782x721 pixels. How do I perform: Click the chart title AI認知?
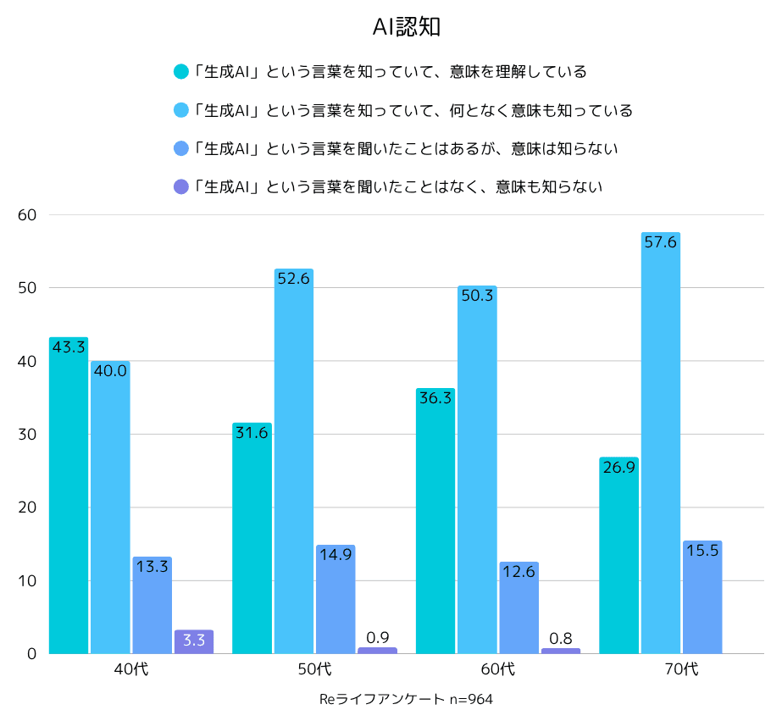click(x=407, y=27)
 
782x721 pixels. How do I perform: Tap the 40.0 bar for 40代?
click(x=110, y=508)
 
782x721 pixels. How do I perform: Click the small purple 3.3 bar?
click(x=194, y=641)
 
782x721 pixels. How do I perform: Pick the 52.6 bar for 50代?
click(x=294, y=462)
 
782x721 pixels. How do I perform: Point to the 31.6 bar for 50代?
click(x=252, y=538)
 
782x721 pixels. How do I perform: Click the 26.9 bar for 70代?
click(x=618, y=555)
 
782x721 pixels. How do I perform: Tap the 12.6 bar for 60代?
click(x=519, y=607)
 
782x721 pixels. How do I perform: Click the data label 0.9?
click(x=377, y=637)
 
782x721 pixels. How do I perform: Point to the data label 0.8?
click(x=561, y=638)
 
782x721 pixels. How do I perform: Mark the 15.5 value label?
click(x=702, y=550)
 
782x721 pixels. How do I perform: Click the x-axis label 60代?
click(x=498, y=669)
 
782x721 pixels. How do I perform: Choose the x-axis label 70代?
click(x=681, y=669)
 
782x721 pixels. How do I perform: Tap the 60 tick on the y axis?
click(x=27, y=215)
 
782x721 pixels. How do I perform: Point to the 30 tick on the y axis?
click(x=27, y=435)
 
